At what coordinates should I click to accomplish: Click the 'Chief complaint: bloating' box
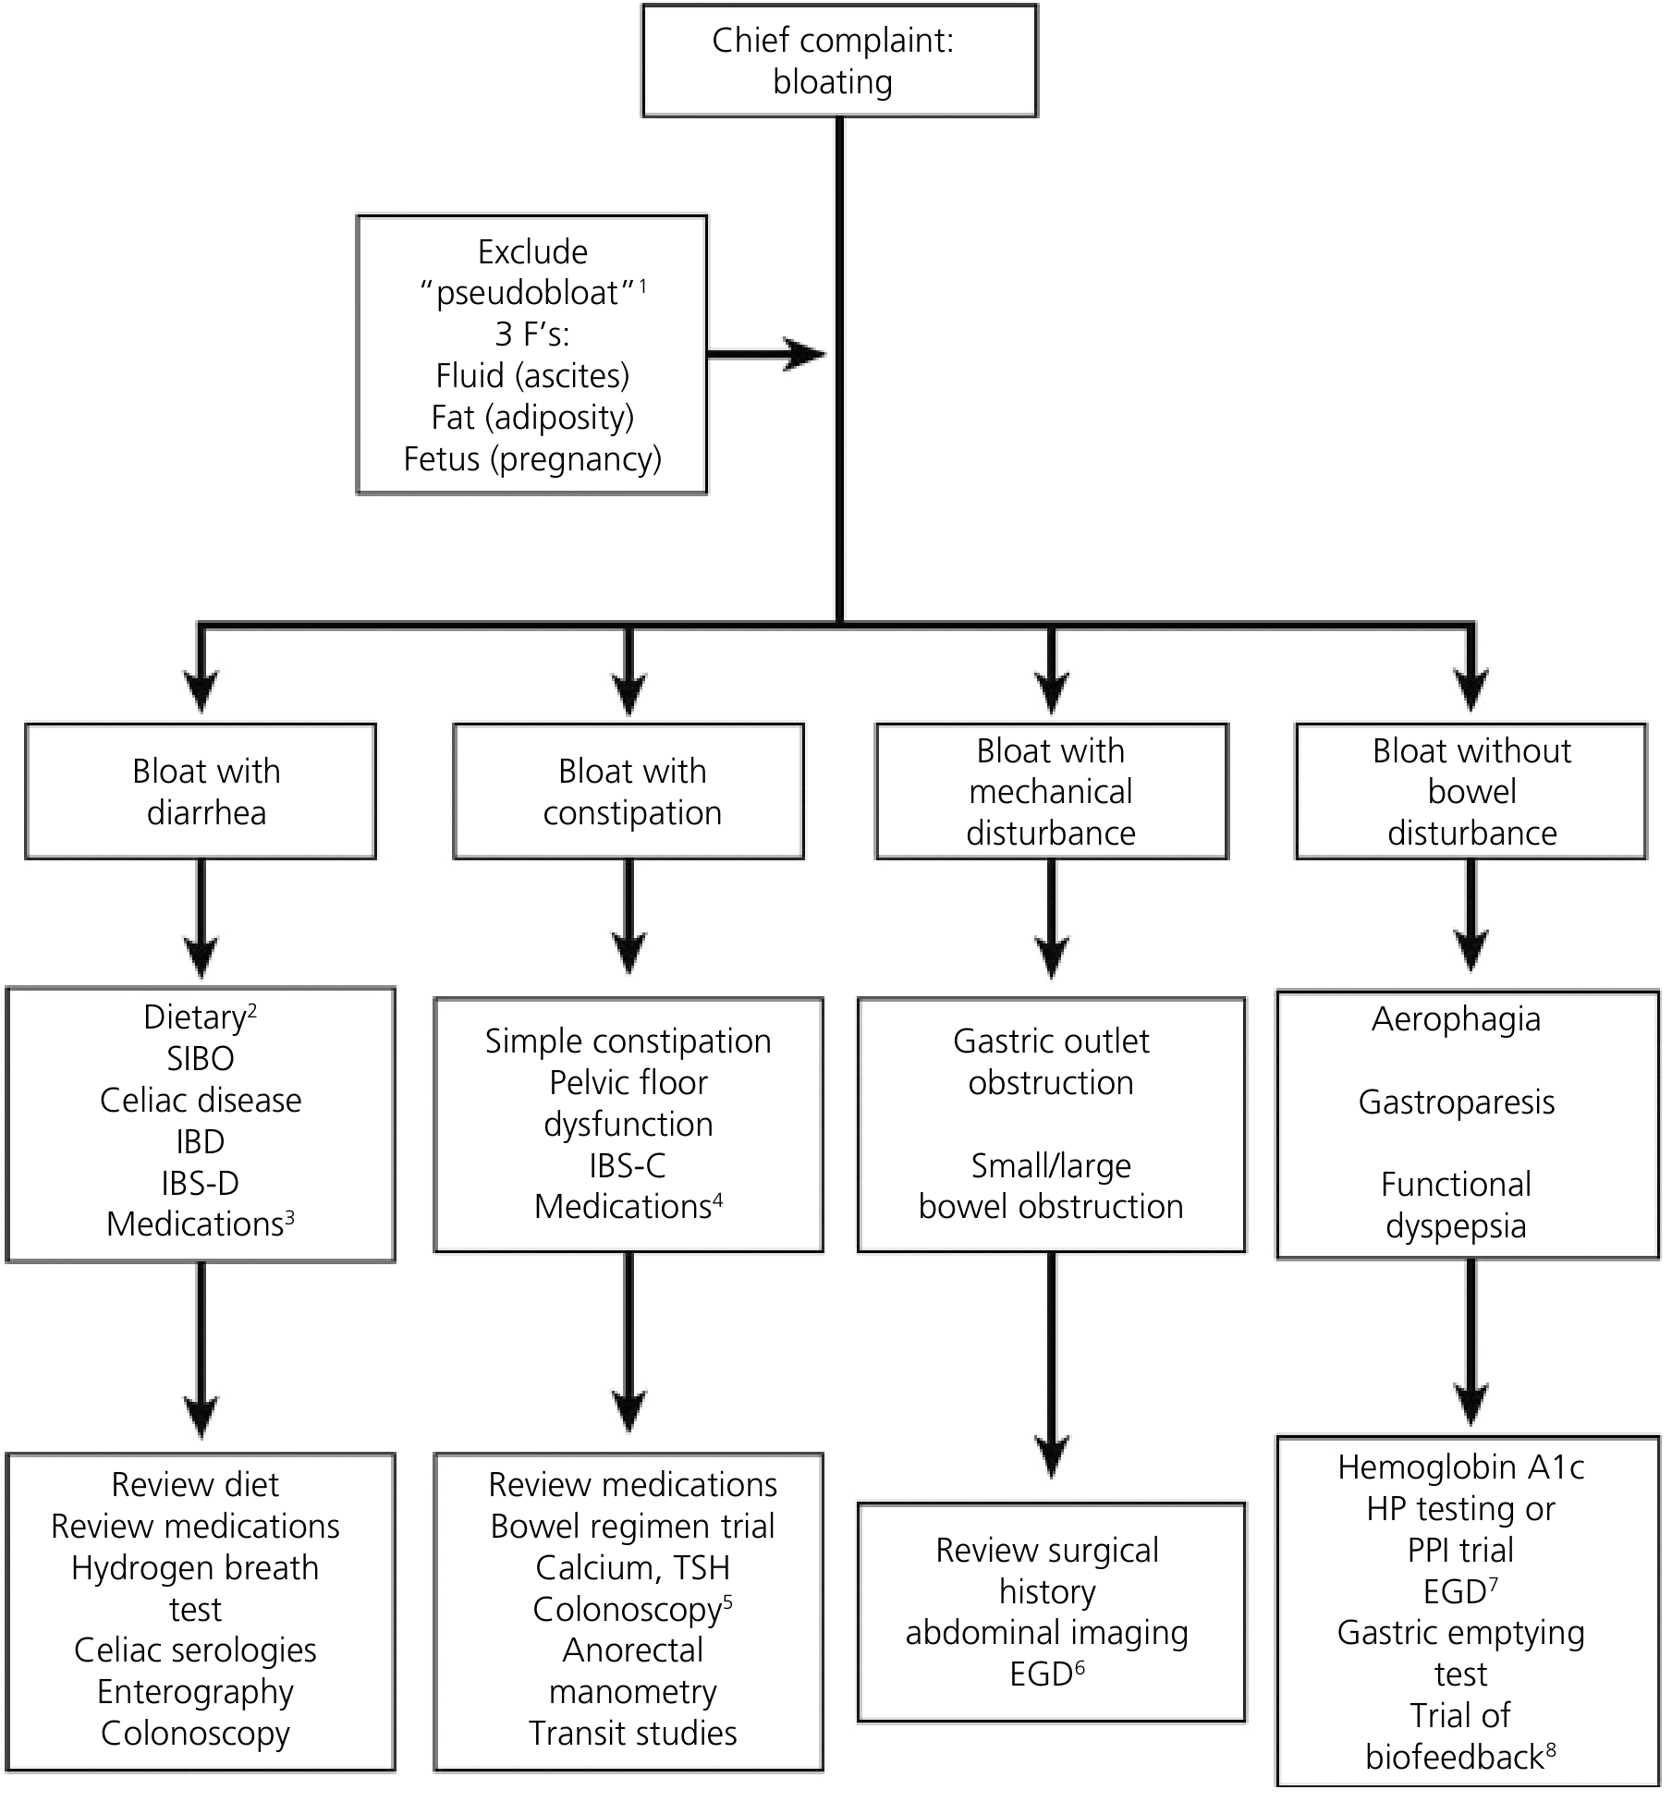click(839, 61)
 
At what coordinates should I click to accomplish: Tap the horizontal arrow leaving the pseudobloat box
click(766, 354)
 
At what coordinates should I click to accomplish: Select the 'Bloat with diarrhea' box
click(201, 791)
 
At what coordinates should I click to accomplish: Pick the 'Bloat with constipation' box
click(629, 791)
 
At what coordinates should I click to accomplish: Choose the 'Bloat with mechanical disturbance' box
click(1052, 791)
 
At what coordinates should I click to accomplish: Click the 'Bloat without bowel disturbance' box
click(1471, 791)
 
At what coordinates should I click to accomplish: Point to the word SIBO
click(201, 1059)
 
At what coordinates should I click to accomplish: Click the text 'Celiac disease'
click(201, 1101)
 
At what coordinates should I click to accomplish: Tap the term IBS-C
click(628, 1166)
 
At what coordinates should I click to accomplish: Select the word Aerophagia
click(1457, 1019)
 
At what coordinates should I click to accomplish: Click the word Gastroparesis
click(1457, 1102)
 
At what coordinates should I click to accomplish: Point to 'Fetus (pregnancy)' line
click(532, 459)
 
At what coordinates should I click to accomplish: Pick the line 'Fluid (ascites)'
click(532, 376)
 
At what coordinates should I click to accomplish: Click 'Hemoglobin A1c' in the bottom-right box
click(1461, 1467)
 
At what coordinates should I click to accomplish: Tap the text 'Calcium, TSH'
click(633, 1568)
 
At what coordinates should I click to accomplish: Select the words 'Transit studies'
click(633, 1734)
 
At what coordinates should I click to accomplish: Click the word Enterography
click(195, 1692)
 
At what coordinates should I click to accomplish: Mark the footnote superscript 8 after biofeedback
click(1550, 1747)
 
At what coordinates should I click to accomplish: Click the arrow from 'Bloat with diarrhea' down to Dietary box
click(201, 919)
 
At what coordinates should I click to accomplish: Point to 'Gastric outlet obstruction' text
click(1052, 1062)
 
